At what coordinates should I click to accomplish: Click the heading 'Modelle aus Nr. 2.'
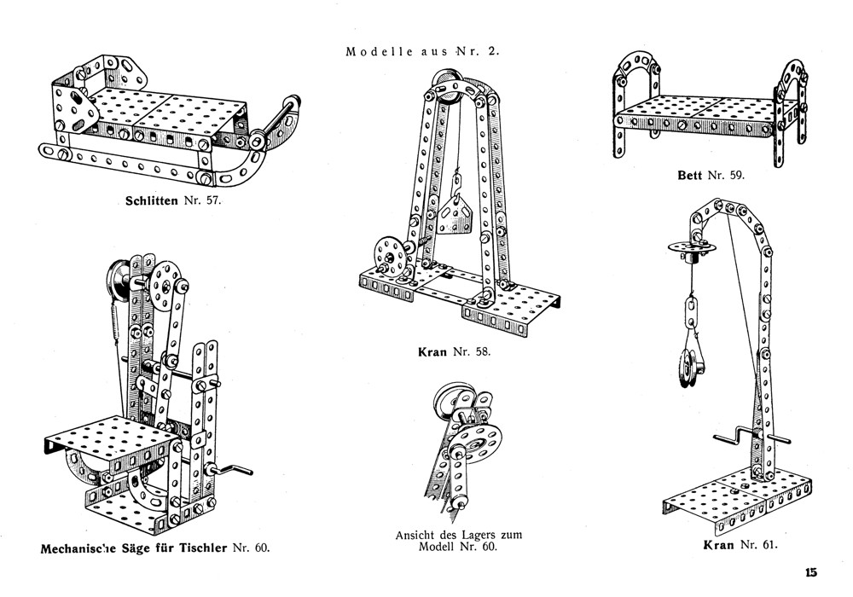point(422,50)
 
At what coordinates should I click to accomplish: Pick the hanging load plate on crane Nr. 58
point(457,207)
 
